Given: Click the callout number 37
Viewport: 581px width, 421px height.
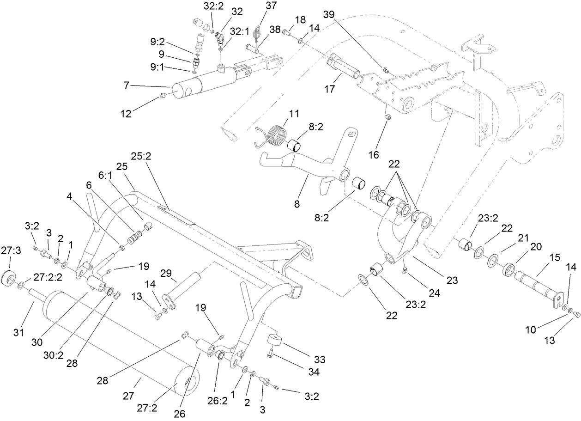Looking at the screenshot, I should tap(270, 5).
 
